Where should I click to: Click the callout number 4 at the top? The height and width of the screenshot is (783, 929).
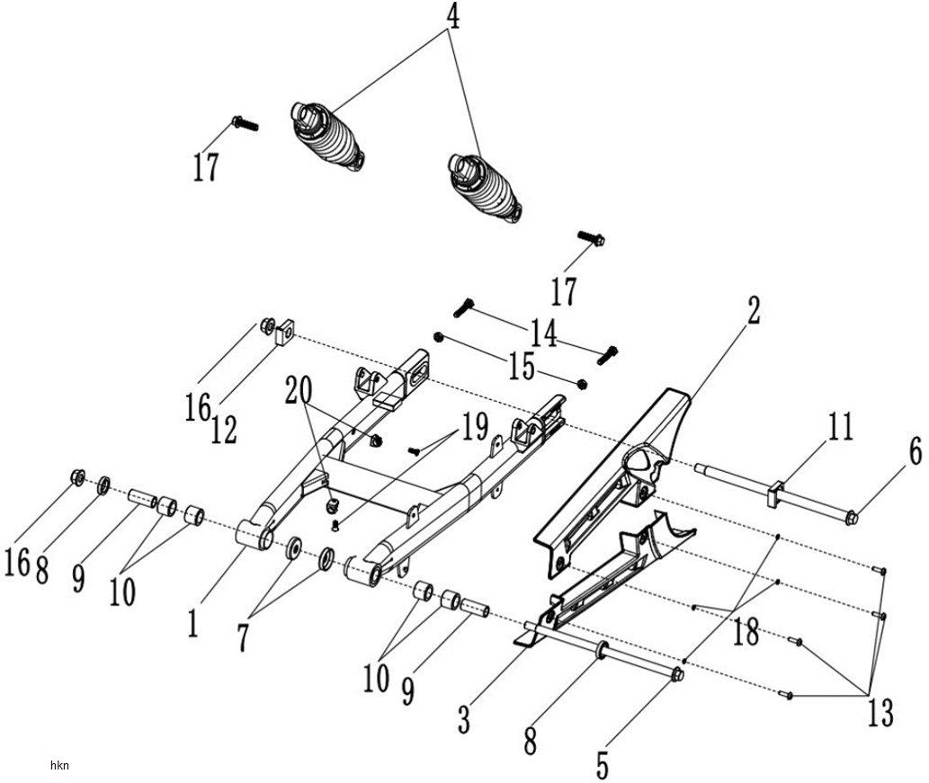pyautogui.click(x=452, y=18)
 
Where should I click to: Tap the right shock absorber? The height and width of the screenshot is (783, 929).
pyautogui.click(x=486, y=189)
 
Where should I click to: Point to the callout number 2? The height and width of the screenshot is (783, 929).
pyautogui.click(x=754, y=310)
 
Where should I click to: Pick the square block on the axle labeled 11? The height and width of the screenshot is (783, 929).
pyautogui.click(x=775, y=494)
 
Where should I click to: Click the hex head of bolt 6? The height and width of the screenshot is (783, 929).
pyautogui.click(x=852, y=519)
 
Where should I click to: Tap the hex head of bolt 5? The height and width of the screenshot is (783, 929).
pyautogui.click(x=677, y=674)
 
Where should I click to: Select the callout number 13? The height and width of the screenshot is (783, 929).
pyautogui.click(x=880, y=713)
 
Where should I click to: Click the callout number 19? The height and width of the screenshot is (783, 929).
pyautogui.click(x=475, y=426)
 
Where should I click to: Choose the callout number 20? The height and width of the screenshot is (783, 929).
pyautogui.click(x=299, y=390)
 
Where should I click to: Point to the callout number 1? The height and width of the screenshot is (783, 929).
pyautogui.click(x=192, y=624)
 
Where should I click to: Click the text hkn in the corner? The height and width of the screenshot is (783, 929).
pyautogui.click(x=59, y=765)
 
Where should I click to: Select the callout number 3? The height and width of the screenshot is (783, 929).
pyautogui.click(x=464, y=719)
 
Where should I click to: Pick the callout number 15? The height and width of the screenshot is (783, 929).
pyautogui.click(x=522, y=367)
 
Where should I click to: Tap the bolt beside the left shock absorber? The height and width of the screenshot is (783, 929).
pyautogui.click(x=245, y=124)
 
